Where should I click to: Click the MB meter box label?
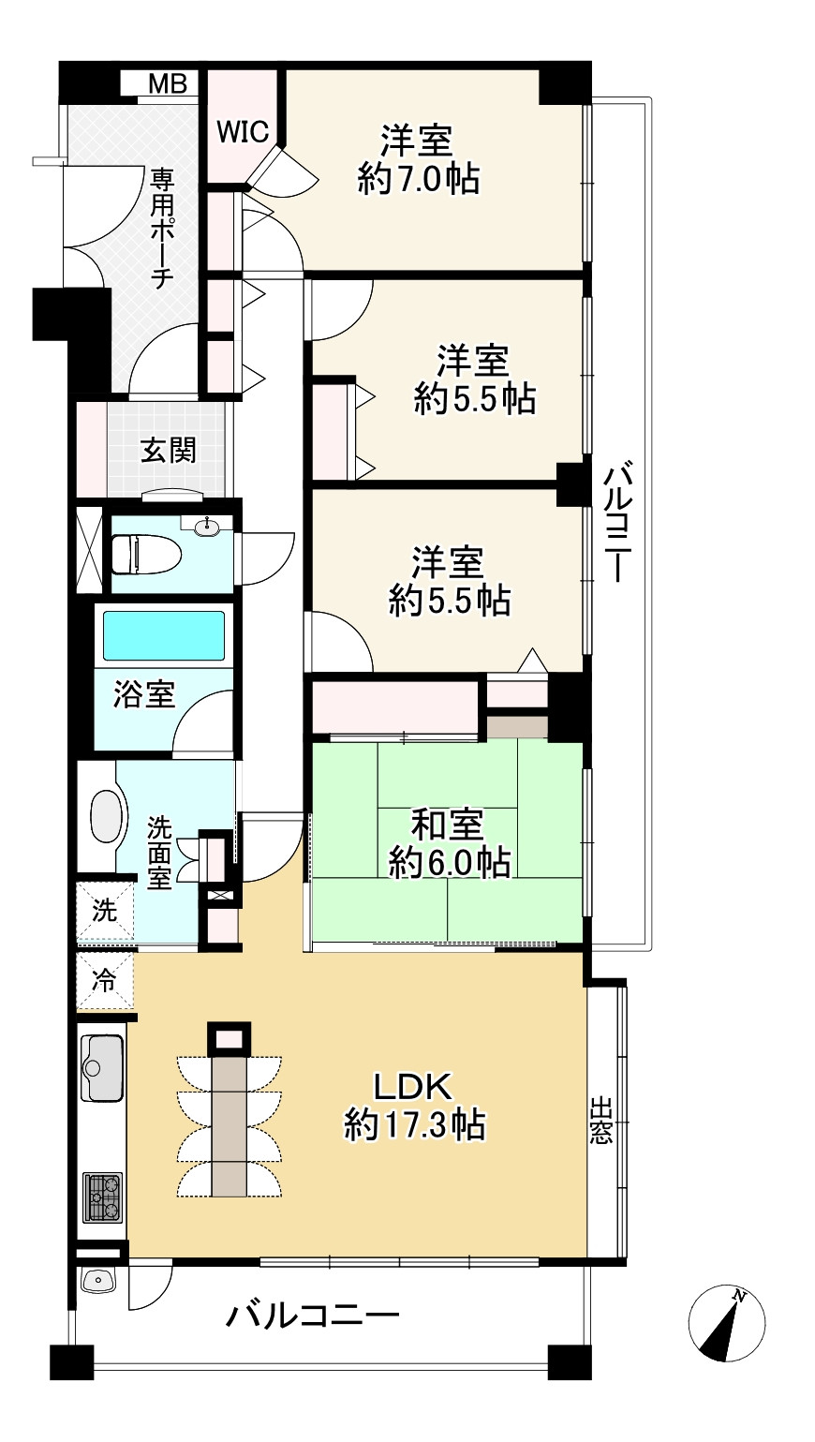pyautogui.click(x=168, y=83)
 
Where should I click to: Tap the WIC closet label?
pyautogui.click(x=244, y=132)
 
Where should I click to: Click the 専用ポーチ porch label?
pyautogui.click(x=162, y=229)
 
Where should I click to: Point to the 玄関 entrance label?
pyautogui.click(x=168, y=450)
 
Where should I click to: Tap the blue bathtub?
pyautogui.click(x=164, y=634)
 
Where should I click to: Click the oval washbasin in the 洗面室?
pyautogui.click(x=105, y=816)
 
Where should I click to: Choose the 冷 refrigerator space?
pyautogui.click(x=105, y=980)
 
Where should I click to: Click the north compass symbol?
pyautogui.click(x=727, y=1324)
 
